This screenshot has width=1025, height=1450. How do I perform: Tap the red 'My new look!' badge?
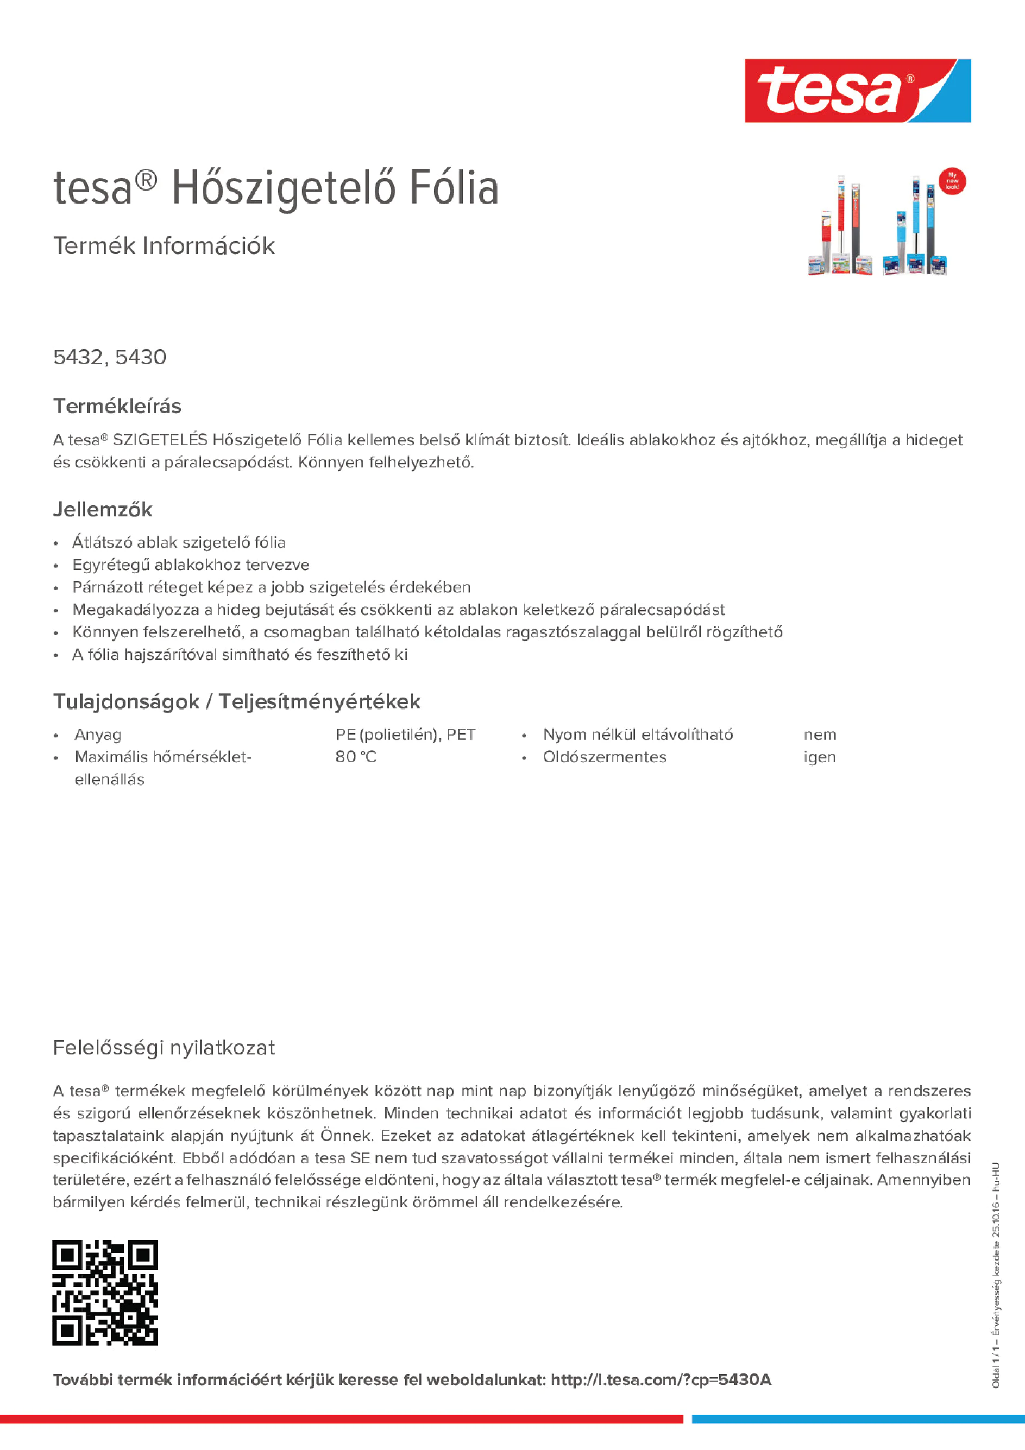click(952, 182)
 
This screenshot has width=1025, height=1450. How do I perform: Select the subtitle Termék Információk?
click(164, 246)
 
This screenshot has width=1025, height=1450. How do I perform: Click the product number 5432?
click(78, 357)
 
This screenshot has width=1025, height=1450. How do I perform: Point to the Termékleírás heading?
click(117, 406)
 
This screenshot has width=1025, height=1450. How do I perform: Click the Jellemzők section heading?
click(102, 510)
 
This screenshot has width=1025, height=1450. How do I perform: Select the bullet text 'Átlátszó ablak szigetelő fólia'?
click(179, 542)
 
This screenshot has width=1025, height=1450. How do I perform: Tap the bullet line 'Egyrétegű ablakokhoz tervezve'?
click(190, 565)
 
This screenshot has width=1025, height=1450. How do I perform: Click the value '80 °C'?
click(356, 757)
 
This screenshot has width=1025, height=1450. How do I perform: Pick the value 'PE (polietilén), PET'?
click(405, 735)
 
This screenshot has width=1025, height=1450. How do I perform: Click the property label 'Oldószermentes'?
click(604, 757)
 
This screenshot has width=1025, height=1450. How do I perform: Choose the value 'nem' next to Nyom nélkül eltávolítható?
click(820, 735)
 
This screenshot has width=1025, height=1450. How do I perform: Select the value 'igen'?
click(819, 757)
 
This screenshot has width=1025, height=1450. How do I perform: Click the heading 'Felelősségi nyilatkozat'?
click(164, 1048)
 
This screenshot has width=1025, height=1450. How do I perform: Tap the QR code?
click(105, 1293)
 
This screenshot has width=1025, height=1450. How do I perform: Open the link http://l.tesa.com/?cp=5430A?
click(661, 1380)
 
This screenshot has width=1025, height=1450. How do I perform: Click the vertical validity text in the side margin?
click(996, 1276)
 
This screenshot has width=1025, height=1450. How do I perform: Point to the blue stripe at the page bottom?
click(858, 1419)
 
